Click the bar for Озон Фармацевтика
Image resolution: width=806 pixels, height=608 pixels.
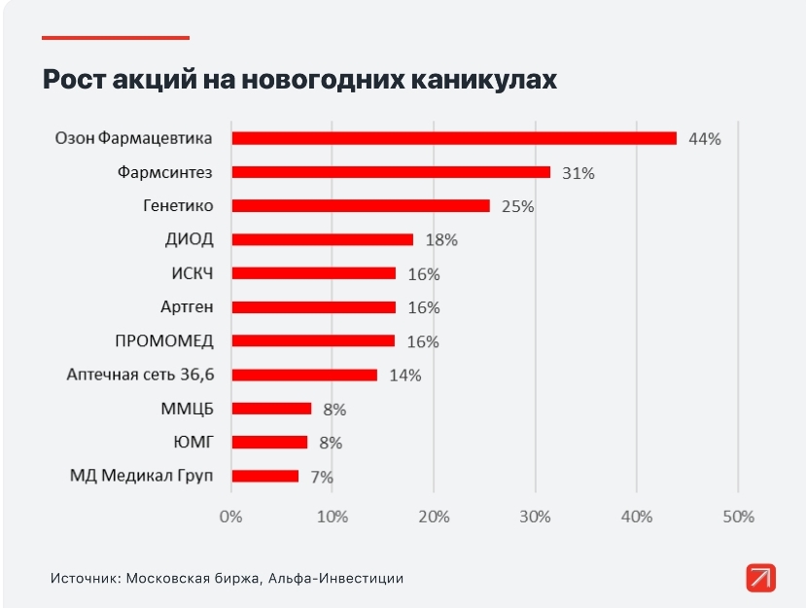coord(453,138)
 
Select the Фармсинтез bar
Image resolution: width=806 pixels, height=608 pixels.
coord(390,172)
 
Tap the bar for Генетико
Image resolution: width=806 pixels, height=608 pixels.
coord(360,205)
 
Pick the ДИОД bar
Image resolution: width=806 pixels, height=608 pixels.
coord(322,239)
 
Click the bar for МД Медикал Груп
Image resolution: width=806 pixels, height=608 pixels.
coord(264,476)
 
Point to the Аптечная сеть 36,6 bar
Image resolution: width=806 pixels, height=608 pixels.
coord(303,375)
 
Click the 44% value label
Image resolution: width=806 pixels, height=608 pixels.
coord(704,139)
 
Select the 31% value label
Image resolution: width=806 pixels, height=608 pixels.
coord(578,173)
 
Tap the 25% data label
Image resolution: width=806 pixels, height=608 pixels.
coord(517,206)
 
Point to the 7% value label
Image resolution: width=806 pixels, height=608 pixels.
coord(322,477)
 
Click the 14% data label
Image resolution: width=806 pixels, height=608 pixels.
coord(404,376)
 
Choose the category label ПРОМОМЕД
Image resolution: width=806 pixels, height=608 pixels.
coord(164,340)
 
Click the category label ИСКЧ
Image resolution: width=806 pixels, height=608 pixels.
coord(192,273)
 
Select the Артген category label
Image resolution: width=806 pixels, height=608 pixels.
coord(187,307)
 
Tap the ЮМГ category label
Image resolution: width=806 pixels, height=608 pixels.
coord(193,443)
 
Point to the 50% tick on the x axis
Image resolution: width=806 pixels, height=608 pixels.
coord(738,517)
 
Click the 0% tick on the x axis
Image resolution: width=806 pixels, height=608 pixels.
coord(230,517)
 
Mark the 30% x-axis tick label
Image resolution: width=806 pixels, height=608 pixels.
coord(535,517)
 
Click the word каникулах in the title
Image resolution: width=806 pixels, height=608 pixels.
coord(481,80)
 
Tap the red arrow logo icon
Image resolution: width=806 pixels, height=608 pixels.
coord(761,577)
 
